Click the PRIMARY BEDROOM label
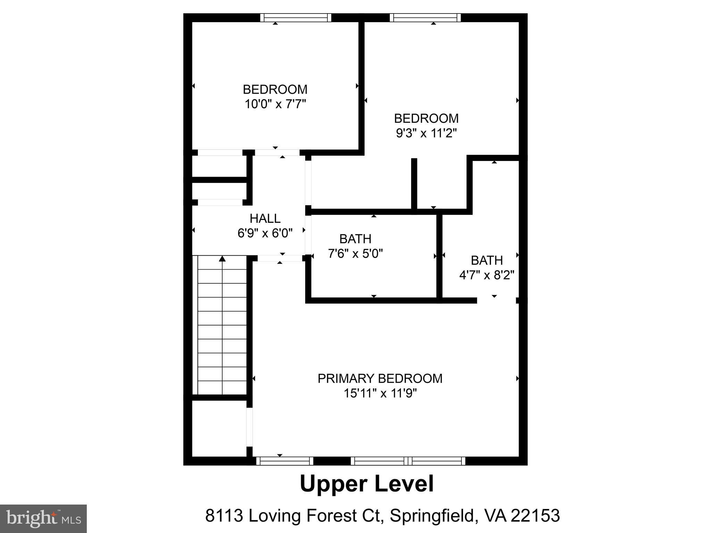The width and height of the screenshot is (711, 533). click(x=380, y=378)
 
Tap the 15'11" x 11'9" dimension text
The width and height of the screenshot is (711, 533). click(x=380, y=393)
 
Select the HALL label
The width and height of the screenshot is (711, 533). click(x=265, y=218)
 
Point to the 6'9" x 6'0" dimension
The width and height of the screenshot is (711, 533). click(x=265, y=233)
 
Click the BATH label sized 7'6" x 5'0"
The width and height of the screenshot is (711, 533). click(x=355, y=239)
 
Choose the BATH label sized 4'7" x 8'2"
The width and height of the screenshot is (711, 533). click(x=486, y=260)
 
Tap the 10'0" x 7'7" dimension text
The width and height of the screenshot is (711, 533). click(x=275, y=104)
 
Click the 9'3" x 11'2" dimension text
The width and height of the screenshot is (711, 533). click(x=426, y=133)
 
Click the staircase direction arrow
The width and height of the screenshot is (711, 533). click(x=222, y=259)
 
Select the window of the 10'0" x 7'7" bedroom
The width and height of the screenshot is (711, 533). click(x=295, y=18)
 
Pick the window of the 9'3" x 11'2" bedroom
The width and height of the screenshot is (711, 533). click(x=425, y=18)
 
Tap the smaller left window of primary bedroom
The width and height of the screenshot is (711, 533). click(x=285, y=461)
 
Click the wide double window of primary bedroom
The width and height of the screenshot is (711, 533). click(x=408, y=461)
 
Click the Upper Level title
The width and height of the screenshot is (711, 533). click(x=367, y=484)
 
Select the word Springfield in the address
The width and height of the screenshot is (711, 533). click(x=432, y=516)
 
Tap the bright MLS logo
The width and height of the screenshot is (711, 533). click(x=43, y=518)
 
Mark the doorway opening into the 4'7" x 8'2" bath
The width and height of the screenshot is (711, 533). click(x=496, y=301)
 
